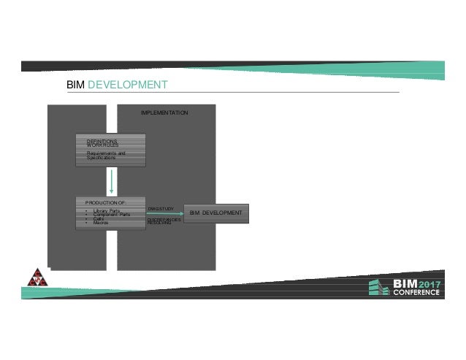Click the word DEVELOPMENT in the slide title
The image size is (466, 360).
pyautogui.click(x=128, y=85)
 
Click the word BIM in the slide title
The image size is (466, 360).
pyautogui.click(x=75, y=85)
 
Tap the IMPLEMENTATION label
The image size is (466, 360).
pyautogui.click(x=164, y=113)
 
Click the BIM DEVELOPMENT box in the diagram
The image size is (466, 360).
pyautogui.click(x=215, y=212)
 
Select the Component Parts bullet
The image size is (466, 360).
pyautogui.click(x=112, y=214)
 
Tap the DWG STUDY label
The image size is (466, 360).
pyautogui.click(x=160, y=209)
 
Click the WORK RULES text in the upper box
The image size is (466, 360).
pyautogui.click(x=102, y=145)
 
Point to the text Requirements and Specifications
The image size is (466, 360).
pyautogui.click(x=106, y=156)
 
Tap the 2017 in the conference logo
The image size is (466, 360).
pyautogui.click(x=429, y=283)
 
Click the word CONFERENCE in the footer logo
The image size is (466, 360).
pyautogui.click(x=416, y=293)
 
